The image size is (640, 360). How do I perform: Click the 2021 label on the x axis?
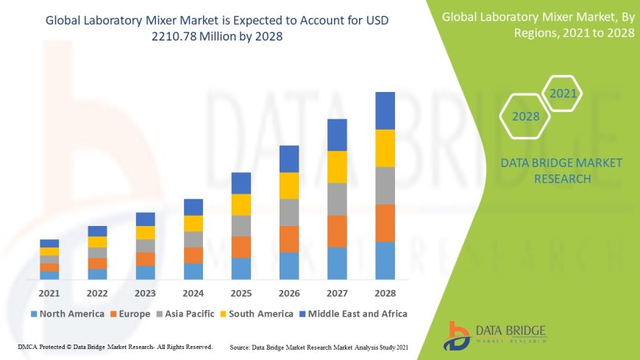click(49, 293)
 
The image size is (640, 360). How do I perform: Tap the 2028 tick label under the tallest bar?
click(385, 293)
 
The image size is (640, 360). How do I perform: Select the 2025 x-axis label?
click(241, 293)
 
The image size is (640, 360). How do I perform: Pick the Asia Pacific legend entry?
click(191, 314)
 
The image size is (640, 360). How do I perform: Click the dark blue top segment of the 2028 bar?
click(385, 110)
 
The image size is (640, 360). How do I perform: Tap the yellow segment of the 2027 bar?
click(337, 166)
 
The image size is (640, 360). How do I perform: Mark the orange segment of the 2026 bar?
click(289, 239)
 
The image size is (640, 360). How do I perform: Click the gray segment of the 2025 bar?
click(241, 225)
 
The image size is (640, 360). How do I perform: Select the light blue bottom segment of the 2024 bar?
click(193, 271)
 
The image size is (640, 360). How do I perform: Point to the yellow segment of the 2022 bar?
click(97, 241)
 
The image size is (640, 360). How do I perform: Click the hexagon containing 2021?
click(563, 93)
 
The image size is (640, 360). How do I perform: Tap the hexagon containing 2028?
click(525, 116)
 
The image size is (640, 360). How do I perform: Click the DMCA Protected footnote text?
click(115, 346)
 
